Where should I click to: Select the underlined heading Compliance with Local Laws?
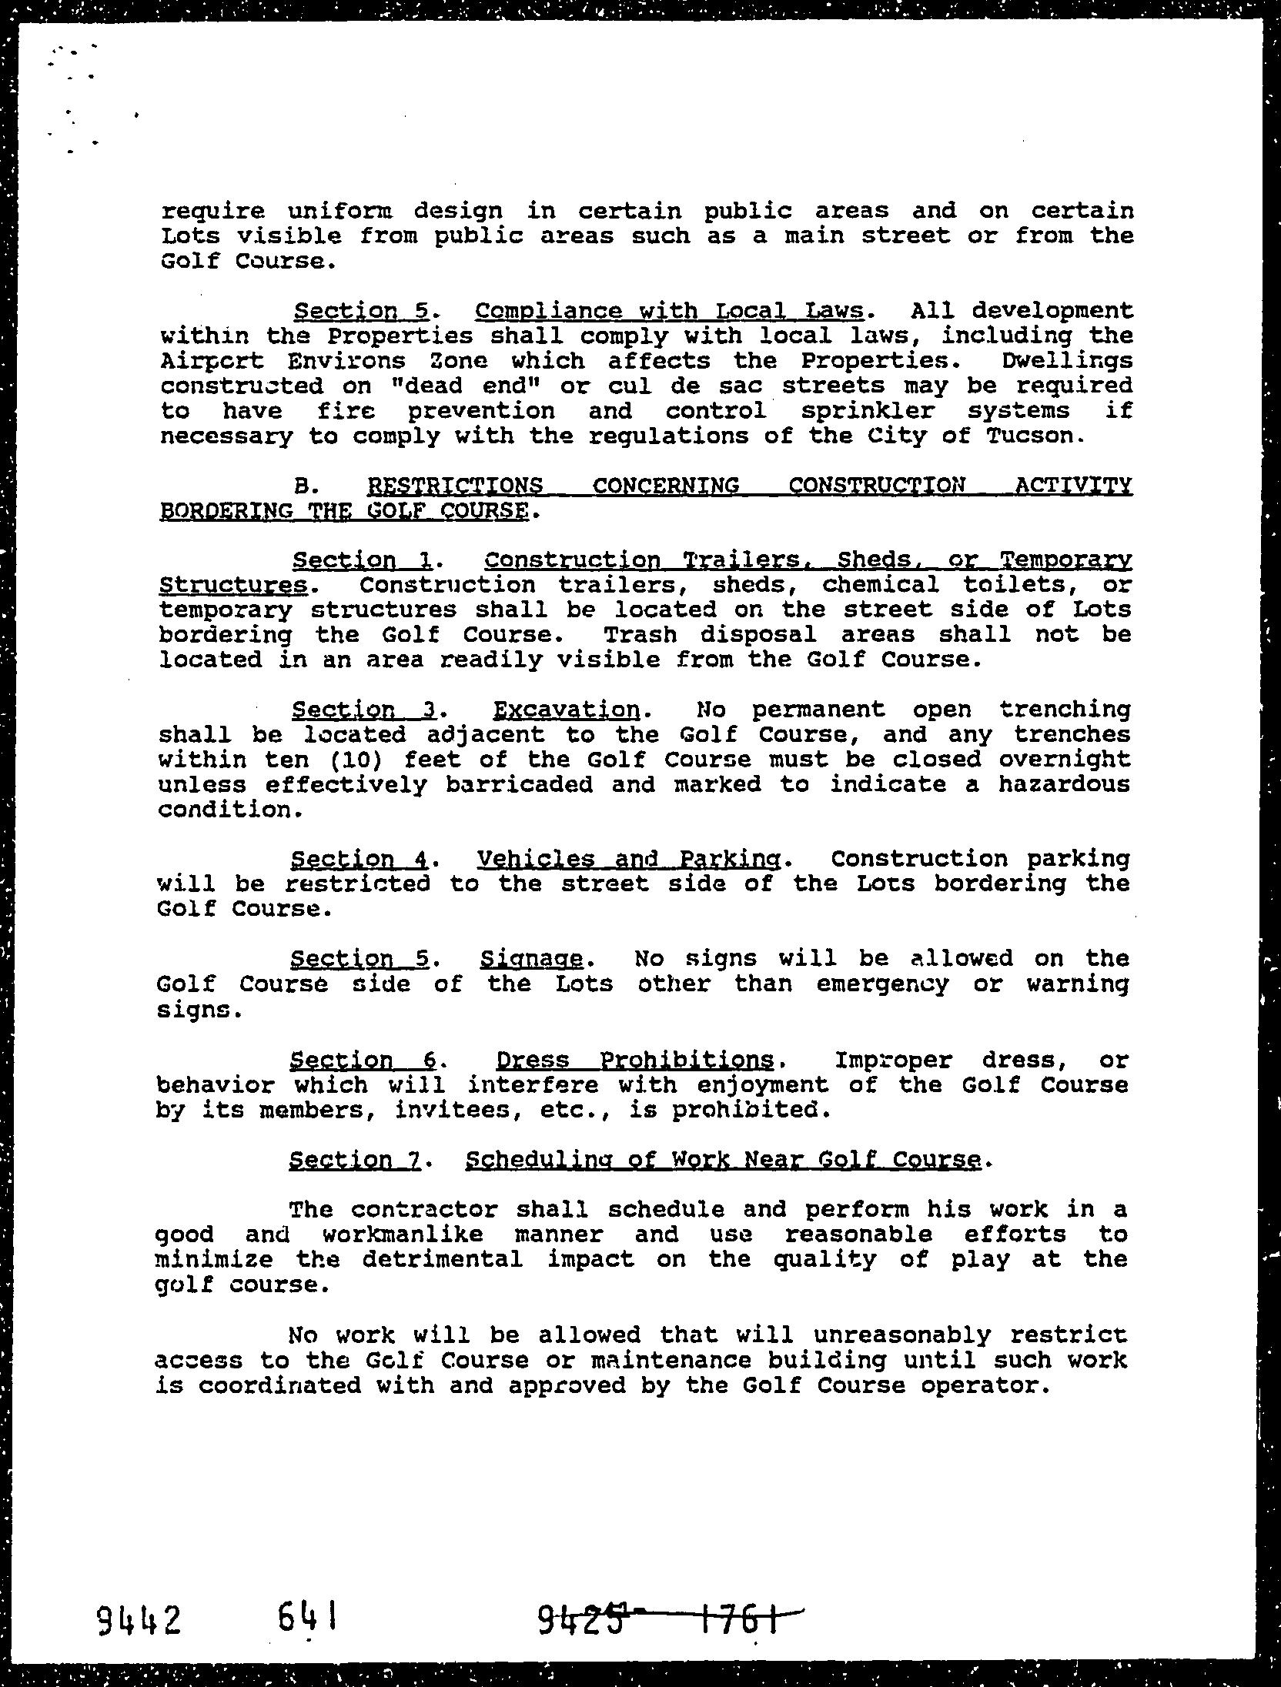[x=669, y=311]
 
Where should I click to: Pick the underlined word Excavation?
[x=566, y=709]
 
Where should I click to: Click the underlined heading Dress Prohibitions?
[x=634, y=1061]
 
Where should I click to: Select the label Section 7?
[x=354, y=1160]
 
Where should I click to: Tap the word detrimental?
[x=443, y=1260]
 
